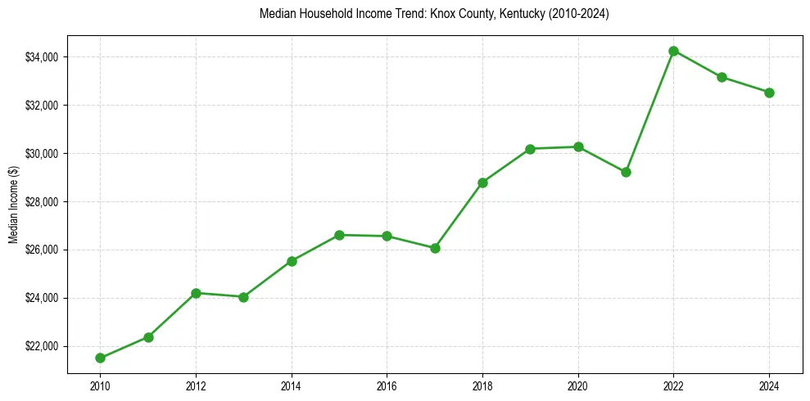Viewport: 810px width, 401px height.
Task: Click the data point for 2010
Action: tap(100, 358)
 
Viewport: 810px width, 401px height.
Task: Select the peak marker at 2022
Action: tap(673, 51)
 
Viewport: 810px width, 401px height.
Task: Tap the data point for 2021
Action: tap(626, 172)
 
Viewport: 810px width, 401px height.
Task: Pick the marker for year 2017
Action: tap(435, 248)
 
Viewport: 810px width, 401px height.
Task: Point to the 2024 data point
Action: tap(769, 92)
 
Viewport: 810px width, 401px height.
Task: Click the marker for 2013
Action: tap(243, 297)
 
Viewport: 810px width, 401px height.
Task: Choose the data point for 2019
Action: tap(530, 149)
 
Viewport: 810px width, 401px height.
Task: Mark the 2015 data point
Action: tap(339, 235)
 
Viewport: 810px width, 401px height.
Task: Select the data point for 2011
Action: tap(148, 337)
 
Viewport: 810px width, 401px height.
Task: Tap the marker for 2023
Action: tap(722, 77)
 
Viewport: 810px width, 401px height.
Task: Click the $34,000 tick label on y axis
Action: tap(42, 57)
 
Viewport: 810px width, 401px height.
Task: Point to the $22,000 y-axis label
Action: tap(42, 346)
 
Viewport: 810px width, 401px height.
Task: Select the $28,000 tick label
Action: tap(42, 202)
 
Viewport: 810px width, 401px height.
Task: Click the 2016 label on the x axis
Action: tap(387, 385)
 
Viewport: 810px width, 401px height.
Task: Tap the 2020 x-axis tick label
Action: tap(578, 385)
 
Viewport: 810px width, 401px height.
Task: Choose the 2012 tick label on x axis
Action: tap(196, 385)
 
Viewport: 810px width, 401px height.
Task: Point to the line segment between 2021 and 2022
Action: tap(649, 111)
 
